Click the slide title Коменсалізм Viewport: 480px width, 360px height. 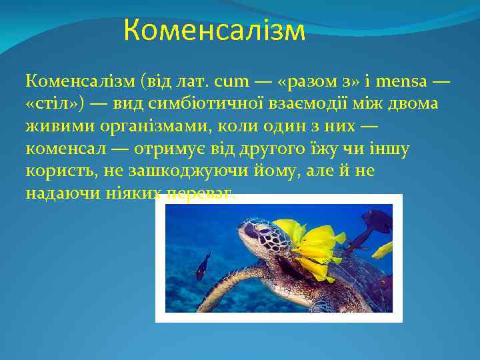click(x=214, y=31)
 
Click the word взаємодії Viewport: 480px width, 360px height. click(x=297, y=103)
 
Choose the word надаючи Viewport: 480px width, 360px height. click(x=59, y=193)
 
